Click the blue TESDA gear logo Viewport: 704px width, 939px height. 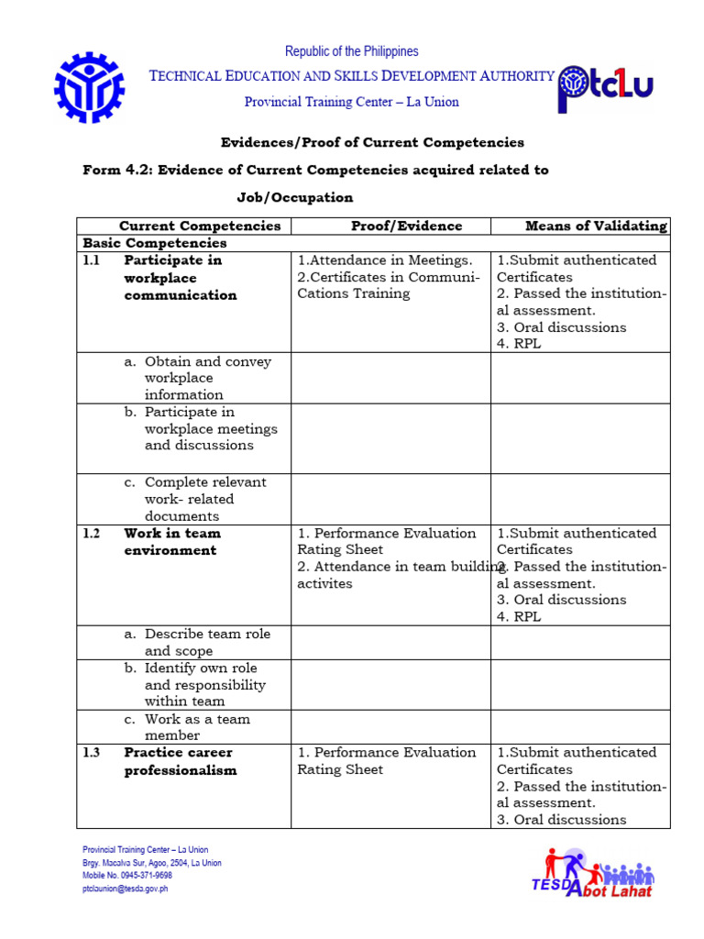point(89,88)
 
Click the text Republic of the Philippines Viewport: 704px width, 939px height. point(351,51)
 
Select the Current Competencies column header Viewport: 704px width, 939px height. point(200,226)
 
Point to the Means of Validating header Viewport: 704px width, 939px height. point(596,226)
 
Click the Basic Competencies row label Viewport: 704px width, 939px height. point(155,243)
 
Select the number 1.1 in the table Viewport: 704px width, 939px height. point(90,260)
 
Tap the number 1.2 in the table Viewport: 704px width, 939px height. point(90,534)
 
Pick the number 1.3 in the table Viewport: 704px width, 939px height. point(90,753)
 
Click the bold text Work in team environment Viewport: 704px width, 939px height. point(171,542)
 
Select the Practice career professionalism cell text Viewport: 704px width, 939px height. point(180,761)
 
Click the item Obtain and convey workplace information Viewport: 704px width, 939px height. point(207,378)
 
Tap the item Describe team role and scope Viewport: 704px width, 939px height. point(207,642)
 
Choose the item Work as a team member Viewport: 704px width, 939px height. point(196,727)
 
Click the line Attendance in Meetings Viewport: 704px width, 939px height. point(385,260)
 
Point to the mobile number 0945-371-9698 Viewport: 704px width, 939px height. point(127,876)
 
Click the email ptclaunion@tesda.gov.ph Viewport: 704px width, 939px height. point(126,889)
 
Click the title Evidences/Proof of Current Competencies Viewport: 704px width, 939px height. point(372,142)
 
